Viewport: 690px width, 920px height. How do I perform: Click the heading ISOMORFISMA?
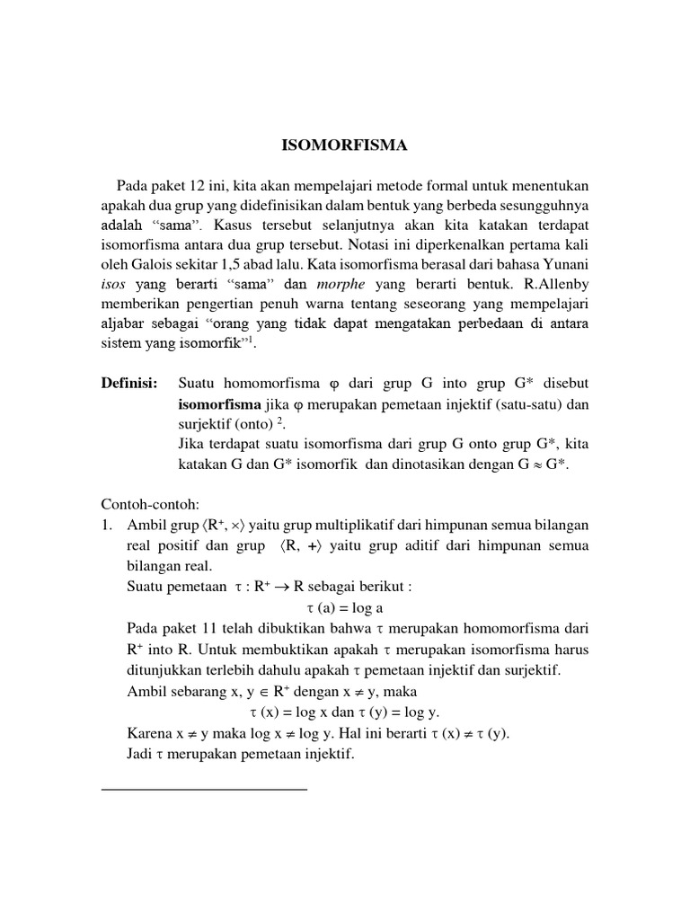click(x=344, y=143)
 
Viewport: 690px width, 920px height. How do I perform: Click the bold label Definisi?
click(x=129, y=384)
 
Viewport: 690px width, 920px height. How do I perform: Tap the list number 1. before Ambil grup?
click(x=108, y=525)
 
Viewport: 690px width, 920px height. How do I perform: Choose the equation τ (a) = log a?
click(x=345, y=607)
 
